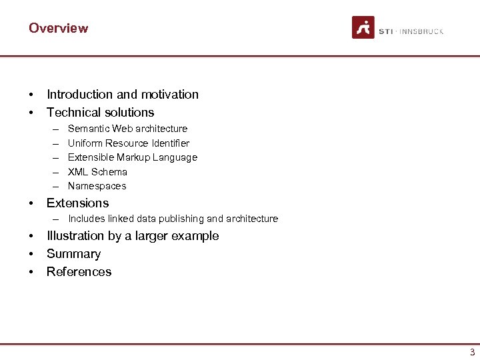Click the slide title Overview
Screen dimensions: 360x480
point(58,28)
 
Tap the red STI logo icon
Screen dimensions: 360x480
point(363,27)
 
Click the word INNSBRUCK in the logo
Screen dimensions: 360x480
point(421,31)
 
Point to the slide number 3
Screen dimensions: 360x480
point(472,352)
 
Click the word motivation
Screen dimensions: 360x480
point(170,95)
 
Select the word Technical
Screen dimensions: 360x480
point(73,113)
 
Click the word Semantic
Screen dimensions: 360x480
point(89,129)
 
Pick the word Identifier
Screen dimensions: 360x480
point(170,143)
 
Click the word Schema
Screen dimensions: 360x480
point(109,172)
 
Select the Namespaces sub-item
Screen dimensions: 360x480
point(97,186)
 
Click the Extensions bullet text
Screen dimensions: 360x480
point(77,203)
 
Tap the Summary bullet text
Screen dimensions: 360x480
point(73,254)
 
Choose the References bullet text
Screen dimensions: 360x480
point(79,272)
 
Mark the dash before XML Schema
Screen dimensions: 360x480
point(53,172)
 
